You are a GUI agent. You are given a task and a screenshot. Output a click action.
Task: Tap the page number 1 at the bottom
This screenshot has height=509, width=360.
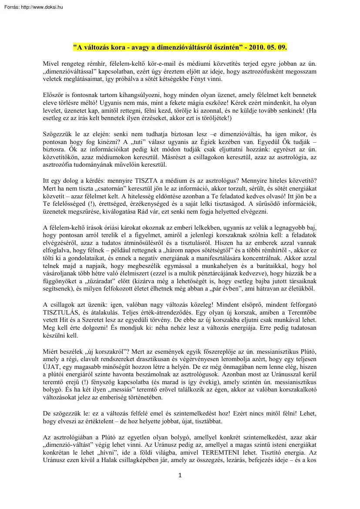tap(180, 475)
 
